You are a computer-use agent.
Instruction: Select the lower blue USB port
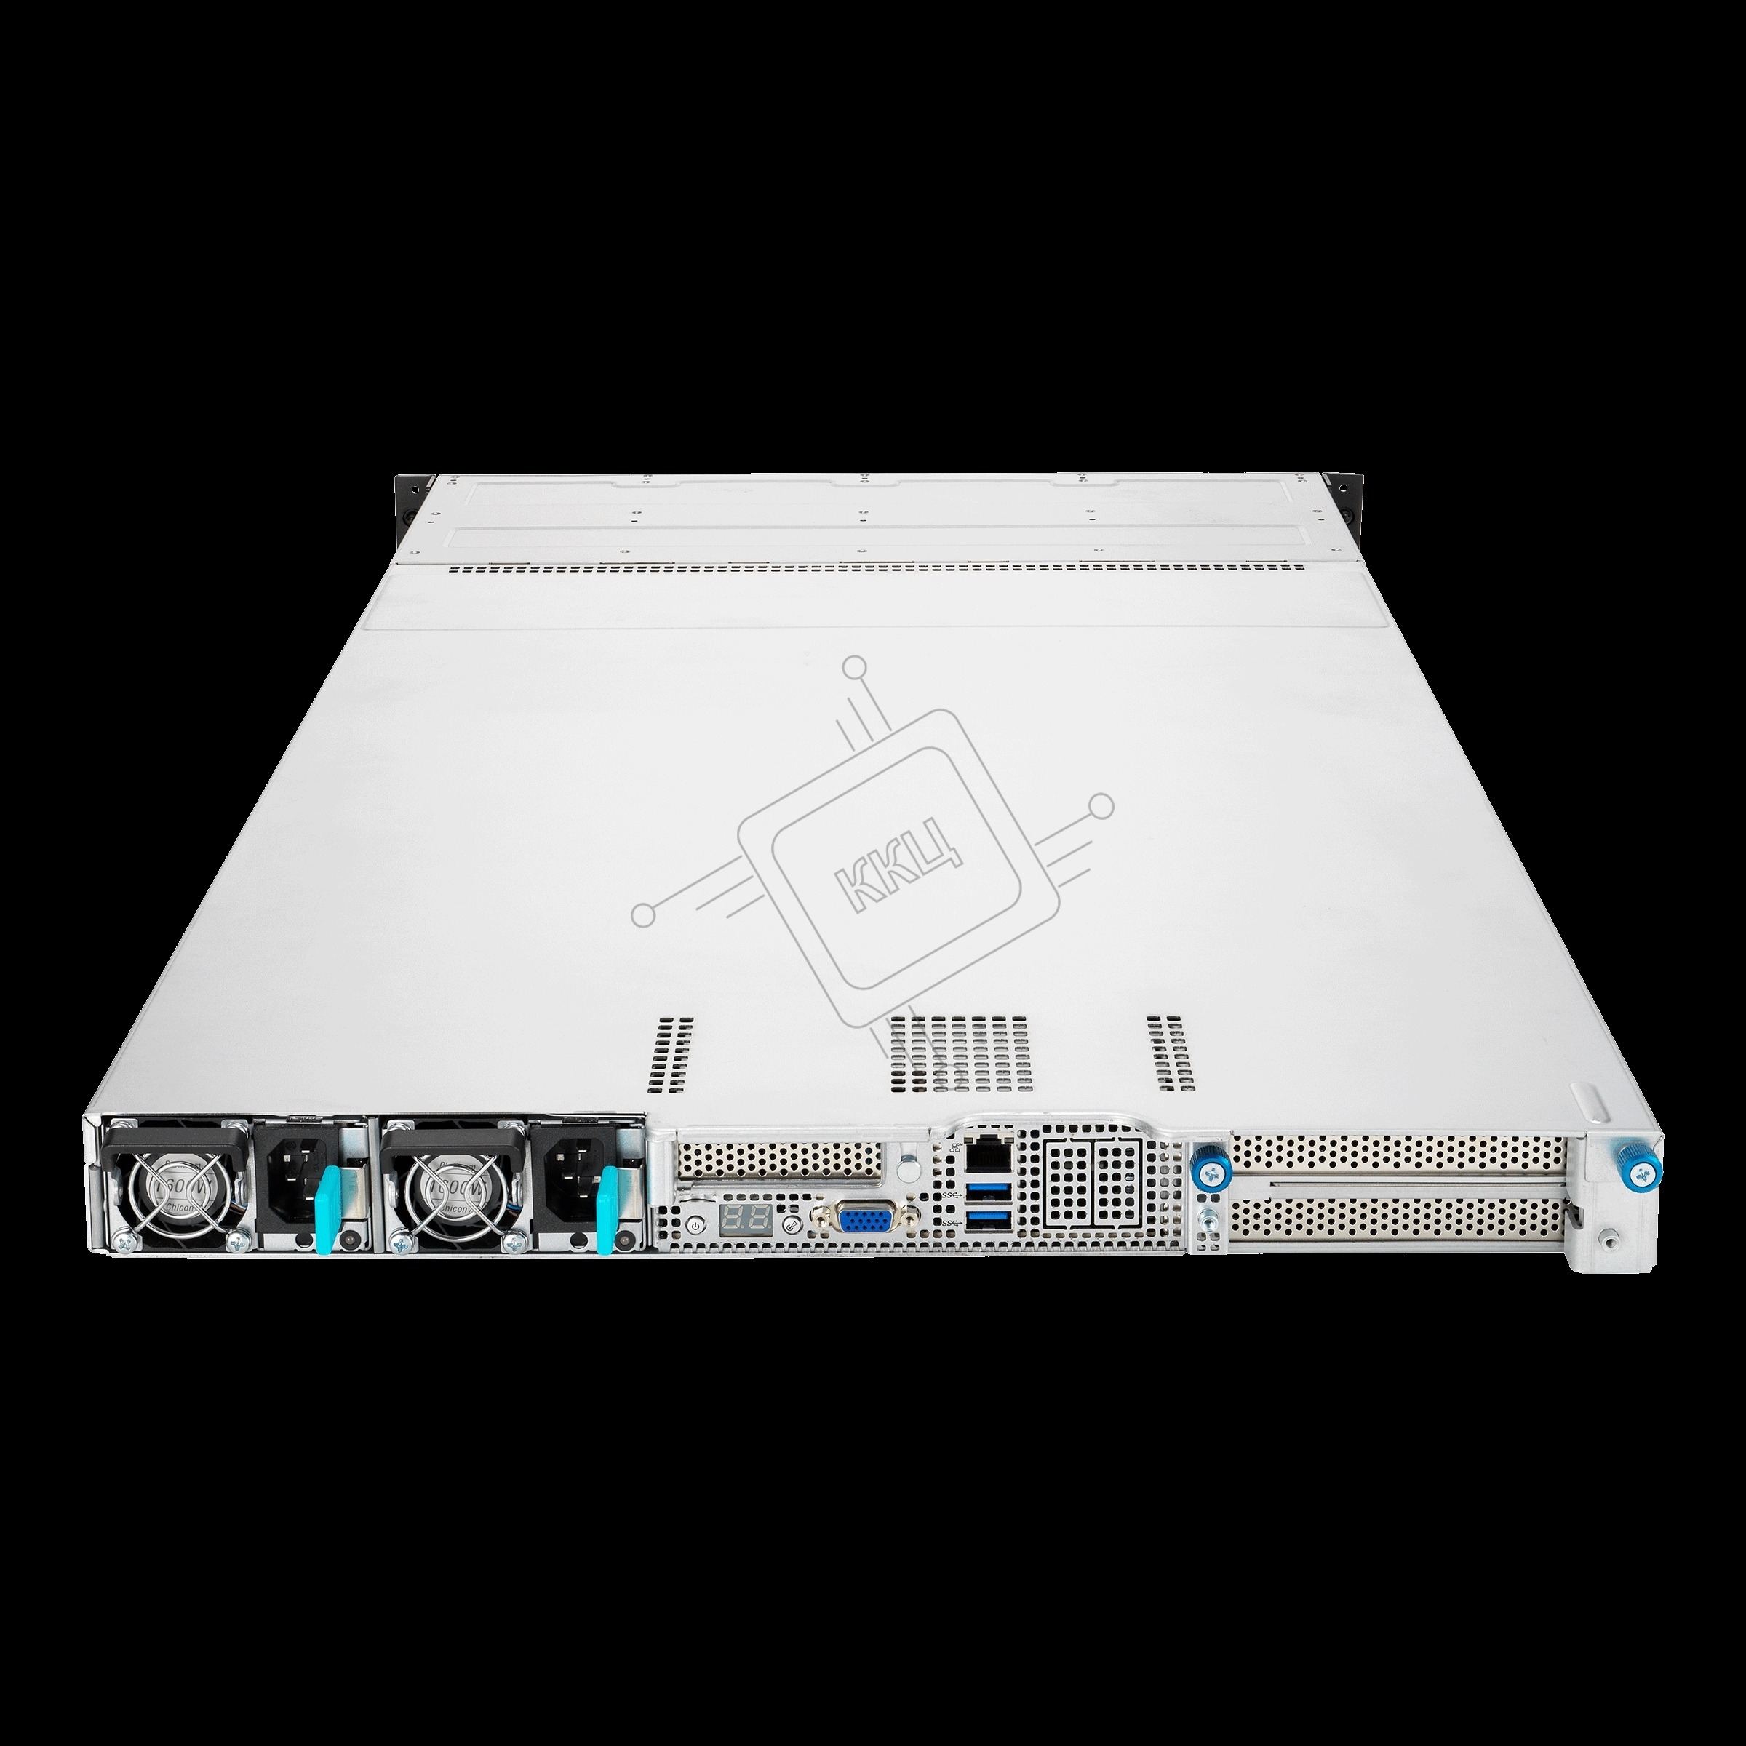point(981,1223)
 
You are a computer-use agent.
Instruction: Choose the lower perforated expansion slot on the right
point(1396,1221)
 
